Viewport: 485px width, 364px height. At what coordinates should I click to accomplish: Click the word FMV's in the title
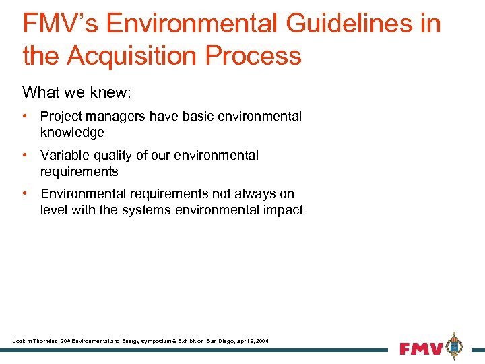click(60, 24)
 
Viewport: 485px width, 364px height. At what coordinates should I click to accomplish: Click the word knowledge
click(72, 132)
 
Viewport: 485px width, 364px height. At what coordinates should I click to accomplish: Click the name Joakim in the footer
click(22, 342)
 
